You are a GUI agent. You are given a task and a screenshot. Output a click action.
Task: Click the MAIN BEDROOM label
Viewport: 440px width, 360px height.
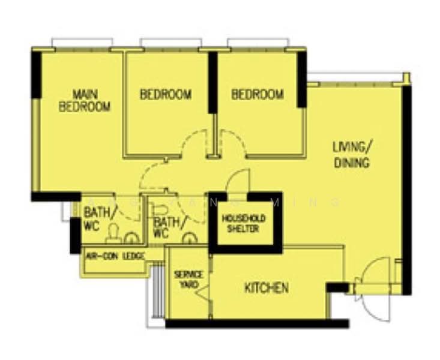click(x=84, y=101)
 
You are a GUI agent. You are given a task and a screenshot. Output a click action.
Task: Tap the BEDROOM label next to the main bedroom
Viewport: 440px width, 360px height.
click(x=166, y=94)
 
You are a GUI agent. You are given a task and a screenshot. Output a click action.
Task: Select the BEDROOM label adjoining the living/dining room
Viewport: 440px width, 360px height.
click(x=257, y=94)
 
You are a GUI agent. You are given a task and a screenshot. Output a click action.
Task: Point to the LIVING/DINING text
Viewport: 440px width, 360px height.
click(x=352, y=154)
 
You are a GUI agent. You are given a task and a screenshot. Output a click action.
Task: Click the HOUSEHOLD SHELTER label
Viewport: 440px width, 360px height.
click(x=244, y=224)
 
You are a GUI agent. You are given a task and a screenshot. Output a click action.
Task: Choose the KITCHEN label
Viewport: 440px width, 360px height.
click(x=266, y=288)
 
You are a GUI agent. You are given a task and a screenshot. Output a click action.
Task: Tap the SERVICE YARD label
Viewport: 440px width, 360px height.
click(x=188, y=279)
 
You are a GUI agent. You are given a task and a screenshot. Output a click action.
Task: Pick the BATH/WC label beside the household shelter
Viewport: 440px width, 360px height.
click(x=166, y=227)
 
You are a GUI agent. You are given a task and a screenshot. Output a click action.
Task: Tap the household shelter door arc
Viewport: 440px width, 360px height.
click(x=238, y=181)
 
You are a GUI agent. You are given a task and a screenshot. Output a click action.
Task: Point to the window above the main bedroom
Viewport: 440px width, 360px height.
click(x=82, y=43)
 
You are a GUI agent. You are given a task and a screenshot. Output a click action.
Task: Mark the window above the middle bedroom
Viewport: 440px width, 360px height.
click(x=170, y=43)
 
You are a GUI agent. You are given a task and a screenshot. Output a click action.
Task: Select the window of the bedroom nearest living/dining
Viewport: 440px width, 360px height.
click(x=258, y=43)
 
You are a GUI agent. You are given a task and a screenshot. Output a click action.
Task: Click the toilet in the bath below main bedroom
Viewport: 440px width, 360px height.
click(x=113, y=233)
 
